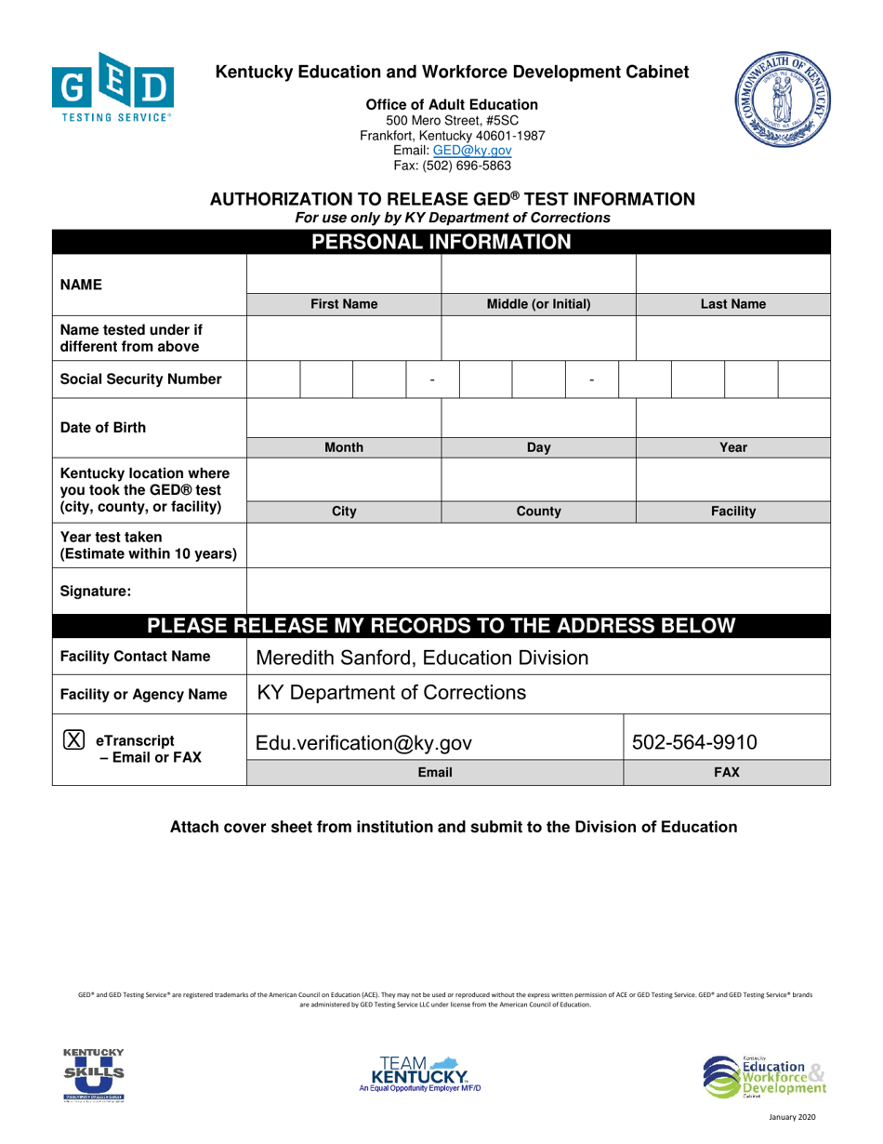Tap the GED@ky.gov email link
point(479,150)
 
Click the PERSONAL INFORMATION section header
point(441,243)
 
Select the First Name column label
point(343,303)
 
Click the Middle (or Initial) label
point(538,303)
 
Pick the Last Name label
point(733,303)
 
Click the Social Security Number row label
point(140,379)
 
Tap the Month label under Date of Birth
point(343,447)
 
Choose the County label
point(538,512)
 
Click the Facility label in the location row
point(733,512)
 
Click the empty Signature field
point(538,590)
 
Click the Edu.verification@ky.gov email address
point(363,742)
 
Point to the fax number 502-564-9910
point(694,742)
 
